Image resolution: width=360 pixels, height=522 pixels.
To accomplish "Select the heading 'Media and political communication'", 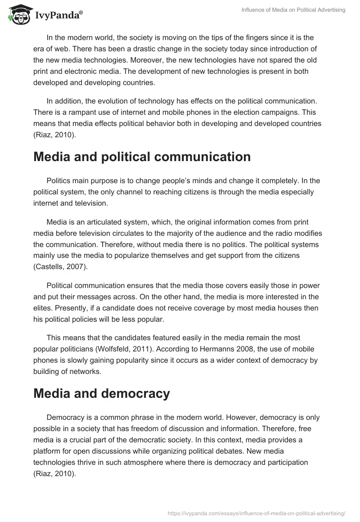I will (x=142, y=157).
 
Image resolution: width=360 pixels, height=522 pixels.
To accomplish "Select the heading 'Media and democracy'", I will (x=102, y=393).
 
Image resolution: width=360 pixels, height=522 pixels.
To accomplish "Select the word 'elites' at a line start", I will (x=42, y=308).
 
